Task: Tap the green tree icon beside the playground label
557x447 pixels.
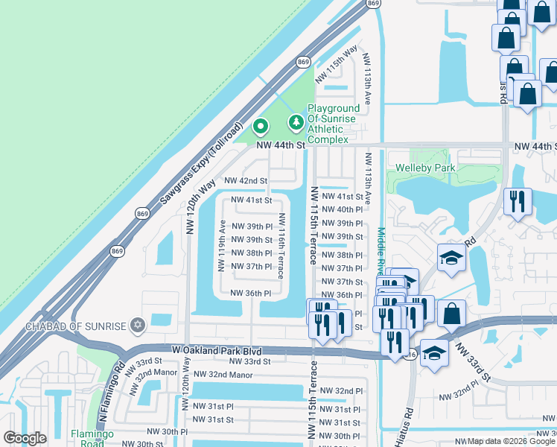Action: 296,121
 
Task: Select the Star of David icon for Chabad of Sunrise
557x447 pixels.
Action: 136,326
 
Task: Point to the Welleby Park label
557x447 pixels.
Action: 425,168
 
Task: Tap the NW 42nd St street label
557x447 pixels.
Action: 246,181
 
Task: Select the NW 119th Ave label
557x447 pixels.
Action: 221,246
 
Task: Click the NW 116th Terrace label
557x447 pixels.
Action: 281,244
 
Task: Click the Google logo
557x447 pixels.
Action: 25,437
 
